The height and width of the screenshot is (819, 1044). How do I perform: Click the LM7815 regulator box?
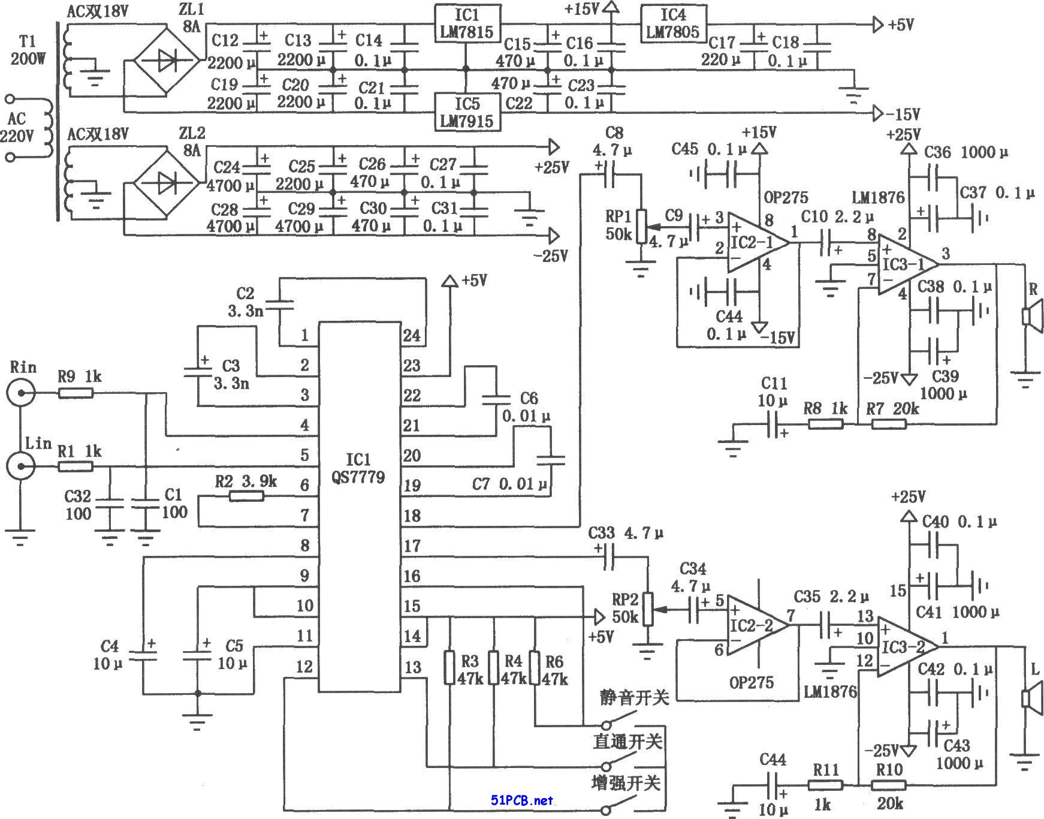coord(467,24)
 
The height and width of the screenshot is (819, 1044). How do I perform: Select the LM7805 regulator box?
coord(673,24)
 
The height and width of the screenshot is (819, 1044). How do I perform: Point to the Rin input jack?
coord(21,393)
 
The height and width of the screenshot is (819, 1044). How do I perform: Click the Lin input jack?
coord(21,466)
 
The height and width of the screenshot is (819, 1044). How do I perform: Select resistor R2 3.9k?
coord(246,496)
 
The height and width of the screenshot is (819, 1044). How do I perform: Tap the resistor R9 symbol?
coord(76,393)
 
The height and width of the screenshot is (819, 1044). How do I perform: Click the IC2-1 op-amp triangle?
coord(759,243)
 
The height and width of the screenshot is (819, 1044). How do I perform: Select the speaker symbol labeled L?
coord(1032,698)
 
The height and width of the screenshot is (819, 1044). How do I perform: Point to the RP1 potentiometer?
coord(642,227)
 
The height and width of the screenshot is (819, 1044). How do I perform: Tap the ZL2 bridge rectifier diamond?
coord(165,183)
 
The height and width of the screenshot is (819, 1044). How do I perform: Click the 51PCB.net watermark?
coord(521,800)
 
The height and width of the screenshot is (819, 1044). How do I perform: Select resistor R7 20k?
coord(889,424)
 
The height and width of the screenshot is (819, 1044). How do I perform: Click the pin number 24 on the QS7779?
coord(412,335)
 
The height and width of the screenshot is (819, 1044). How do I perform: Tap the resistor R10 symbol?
coord(889,785)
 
